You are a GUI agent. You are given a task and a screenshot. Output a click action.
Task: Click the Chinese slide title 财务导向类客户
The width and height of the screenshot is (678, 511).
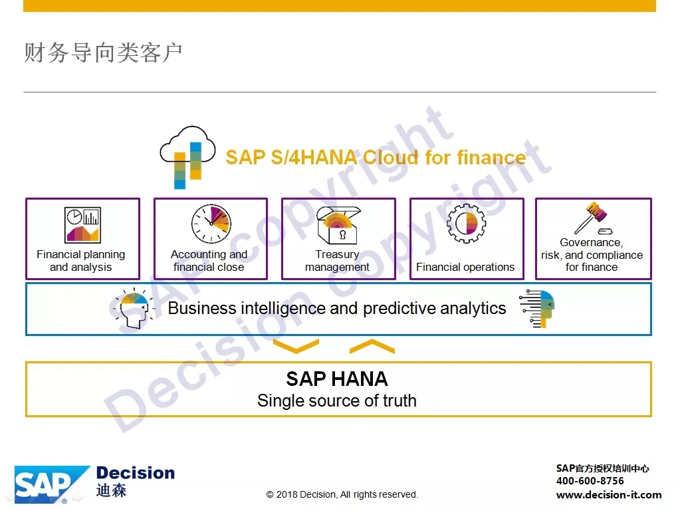pos(103,53)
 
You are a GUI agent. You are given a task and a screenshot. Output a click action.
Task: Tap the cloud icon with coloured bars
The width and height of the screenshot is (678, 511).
pos(187,157)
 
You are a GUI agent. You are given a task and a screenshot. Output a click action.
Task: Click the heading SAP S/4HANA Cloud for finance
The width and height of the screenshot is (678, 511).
pos(376,157)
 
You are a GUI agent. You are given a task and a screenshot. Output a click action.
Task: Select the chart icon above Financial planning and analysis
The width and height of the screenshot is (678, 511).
pos(82,225)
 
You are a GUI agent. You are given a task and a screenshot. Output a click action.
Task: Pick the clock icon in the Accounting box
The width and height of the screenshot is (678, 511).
pos(211,224)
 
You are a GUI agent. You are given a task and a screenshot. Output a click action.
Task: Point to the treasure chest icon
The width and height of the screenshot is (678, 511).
pos(338,225)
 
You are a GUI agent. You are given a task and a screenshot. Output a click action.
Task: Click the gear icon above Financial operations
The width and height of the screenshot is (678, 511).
pos(466,224)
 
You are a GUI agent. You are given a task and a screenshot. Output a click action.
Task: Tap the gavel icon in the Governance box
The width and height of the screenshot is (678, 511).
pos(592,218)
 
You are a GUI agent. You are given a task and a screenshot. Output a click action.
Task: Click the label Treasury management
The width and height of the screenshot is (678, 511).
pos(337,260)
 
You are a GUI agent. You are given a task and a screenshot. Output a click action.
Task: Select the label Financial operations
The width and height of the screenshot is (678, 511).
pos(465,267)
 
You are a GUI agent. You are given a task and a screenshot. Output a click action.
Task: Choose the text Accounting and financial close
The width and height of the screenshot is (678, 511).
pos(209,260)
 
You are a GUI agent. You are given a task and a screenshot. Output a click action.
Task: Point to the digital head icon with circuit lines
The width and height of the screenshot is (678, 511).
pos(537,309)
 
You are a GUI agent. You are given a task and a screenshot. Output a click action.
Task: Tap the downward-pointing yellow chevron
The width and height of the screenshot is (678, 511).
pos(296,347)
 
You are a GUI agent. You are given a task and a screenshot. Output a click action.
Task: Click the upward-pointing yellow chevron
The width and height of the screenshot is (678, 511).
pos(372,347)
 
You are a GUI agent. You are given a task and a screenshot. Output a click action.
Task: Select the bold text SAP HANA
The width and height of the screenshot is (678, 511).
pos(337,379)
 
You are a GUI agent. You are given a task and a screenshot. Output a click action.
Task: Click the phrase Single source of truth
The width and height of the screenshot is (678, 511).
pos(337,401)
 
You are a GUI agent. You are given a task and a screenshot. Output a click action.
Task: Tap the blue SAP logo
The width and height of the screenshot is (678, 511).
pos(52,484)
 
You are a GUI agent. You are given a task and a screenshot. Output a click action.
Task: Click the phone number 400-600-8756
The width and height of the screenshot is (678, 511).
pos(590,480)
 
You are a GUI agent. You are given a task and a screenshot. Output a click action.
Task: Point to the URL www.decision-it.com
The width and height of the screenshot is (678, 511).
pos(609,494)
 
